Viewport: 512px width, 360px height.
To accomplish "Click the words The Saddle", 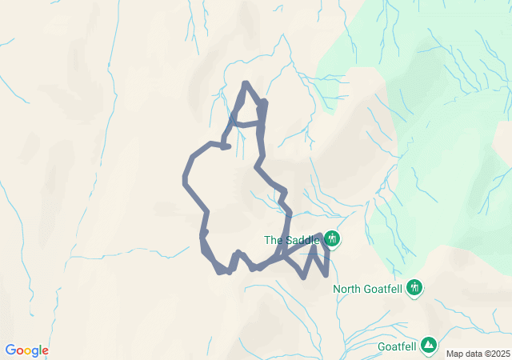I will (292, 240).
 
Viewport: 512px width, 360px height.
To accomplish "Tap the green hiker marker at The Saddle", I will (332, 239).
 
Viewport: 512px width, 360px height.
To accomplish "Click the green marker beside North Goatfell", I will (414, 287).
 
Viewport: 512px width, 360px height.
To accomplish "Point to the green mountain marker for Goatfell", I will (430, 345).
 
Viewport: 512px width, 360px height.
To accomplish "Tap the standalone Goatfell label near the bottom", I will (397, 347).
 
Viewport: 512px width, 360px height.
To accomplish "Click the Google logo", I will (27, 350).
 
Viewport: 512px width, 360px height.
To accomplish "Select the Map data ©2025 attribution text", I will (478, 354).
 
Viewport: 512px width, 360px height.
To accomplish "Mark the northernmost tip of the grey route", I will (246, 83).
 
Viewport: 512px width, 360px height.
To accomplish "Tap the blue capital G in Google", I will (10, 350).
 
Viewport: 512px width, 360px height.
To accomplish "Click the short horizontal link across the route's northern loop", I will (248, 125).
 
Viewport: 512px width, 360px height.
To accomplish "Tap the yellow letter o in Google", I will (30, 350).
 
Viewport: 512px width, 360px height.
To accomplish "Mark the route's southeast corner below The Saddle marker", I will (326, 275).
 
